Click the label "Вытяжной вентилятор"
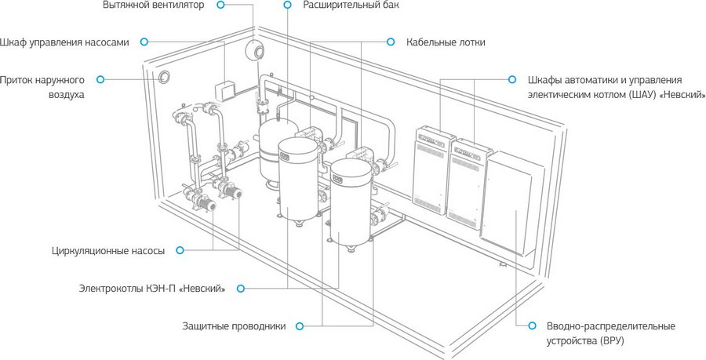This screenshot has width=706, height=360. [x=153, y=5]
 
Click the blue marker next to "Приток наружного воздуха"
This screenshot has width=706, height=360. [x=100, y=79]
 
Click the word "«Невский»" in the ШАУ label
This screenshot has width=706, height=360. [x=682, y=93]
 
